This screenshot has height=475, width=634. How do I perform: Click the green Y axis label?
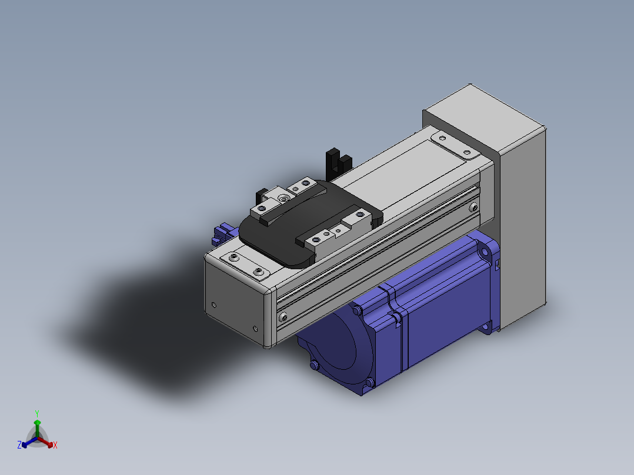point(37,414)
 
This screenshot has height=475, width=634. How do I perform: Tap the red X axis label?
point(55,445)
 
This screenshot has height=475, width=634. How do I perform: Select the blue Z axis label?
point(19,445)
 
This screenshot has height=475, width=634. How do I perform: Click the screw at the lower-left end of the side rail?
point(283,317)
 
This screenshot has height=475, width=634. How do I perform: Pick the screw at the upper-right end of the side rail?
point(473,208)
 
